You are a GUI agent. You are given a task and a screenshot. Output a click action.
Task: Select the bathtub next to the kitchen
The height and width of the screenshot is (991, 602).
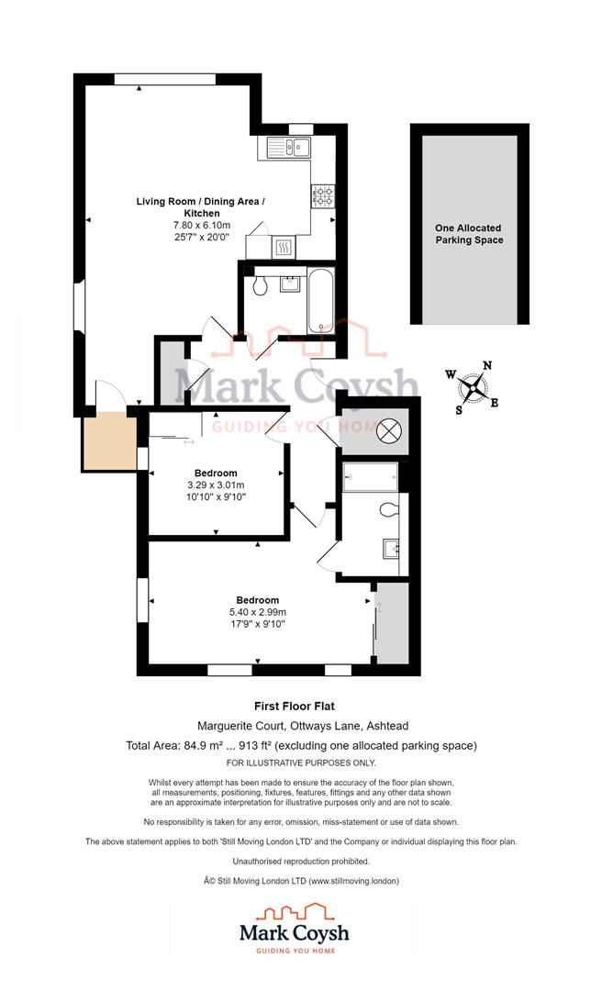321,300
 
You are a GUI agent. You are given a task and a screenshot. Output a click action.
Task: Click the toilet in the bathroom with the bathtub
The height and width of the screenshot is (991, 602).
261,286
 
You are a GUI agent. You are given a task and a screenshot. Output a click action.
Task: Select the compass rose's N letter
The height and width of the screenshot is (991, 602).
487,365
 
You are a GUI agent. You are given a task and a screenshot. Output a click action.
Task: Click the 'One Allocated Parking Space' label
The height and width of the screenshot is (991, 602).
469,234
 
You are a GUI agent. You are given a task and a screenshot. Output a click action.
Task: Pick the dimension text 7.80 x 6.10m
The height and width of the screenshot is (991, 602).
201,225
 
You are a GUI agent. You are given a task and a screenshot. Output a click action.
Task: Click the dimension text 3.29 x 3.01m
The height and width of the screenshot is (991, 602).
216,485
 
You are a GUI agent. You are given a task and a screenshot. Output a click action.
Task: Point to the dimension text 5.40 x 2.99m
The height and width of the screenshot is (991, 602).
258,613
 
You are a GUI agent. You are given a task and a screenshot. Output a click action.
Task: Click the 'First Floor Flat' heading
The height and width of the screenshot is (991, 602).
294,707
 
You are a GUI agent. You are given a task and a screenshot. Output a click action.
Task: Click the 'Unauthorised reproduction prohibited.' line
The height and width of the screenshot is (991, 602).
301,862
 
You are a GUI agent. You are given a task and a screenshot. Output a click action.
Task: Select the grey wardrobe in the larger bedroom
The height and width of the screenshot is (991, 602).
391,623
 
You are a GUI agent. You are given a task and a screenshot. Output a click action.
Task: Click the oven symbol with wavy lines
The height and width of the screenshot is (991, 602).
284,246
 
